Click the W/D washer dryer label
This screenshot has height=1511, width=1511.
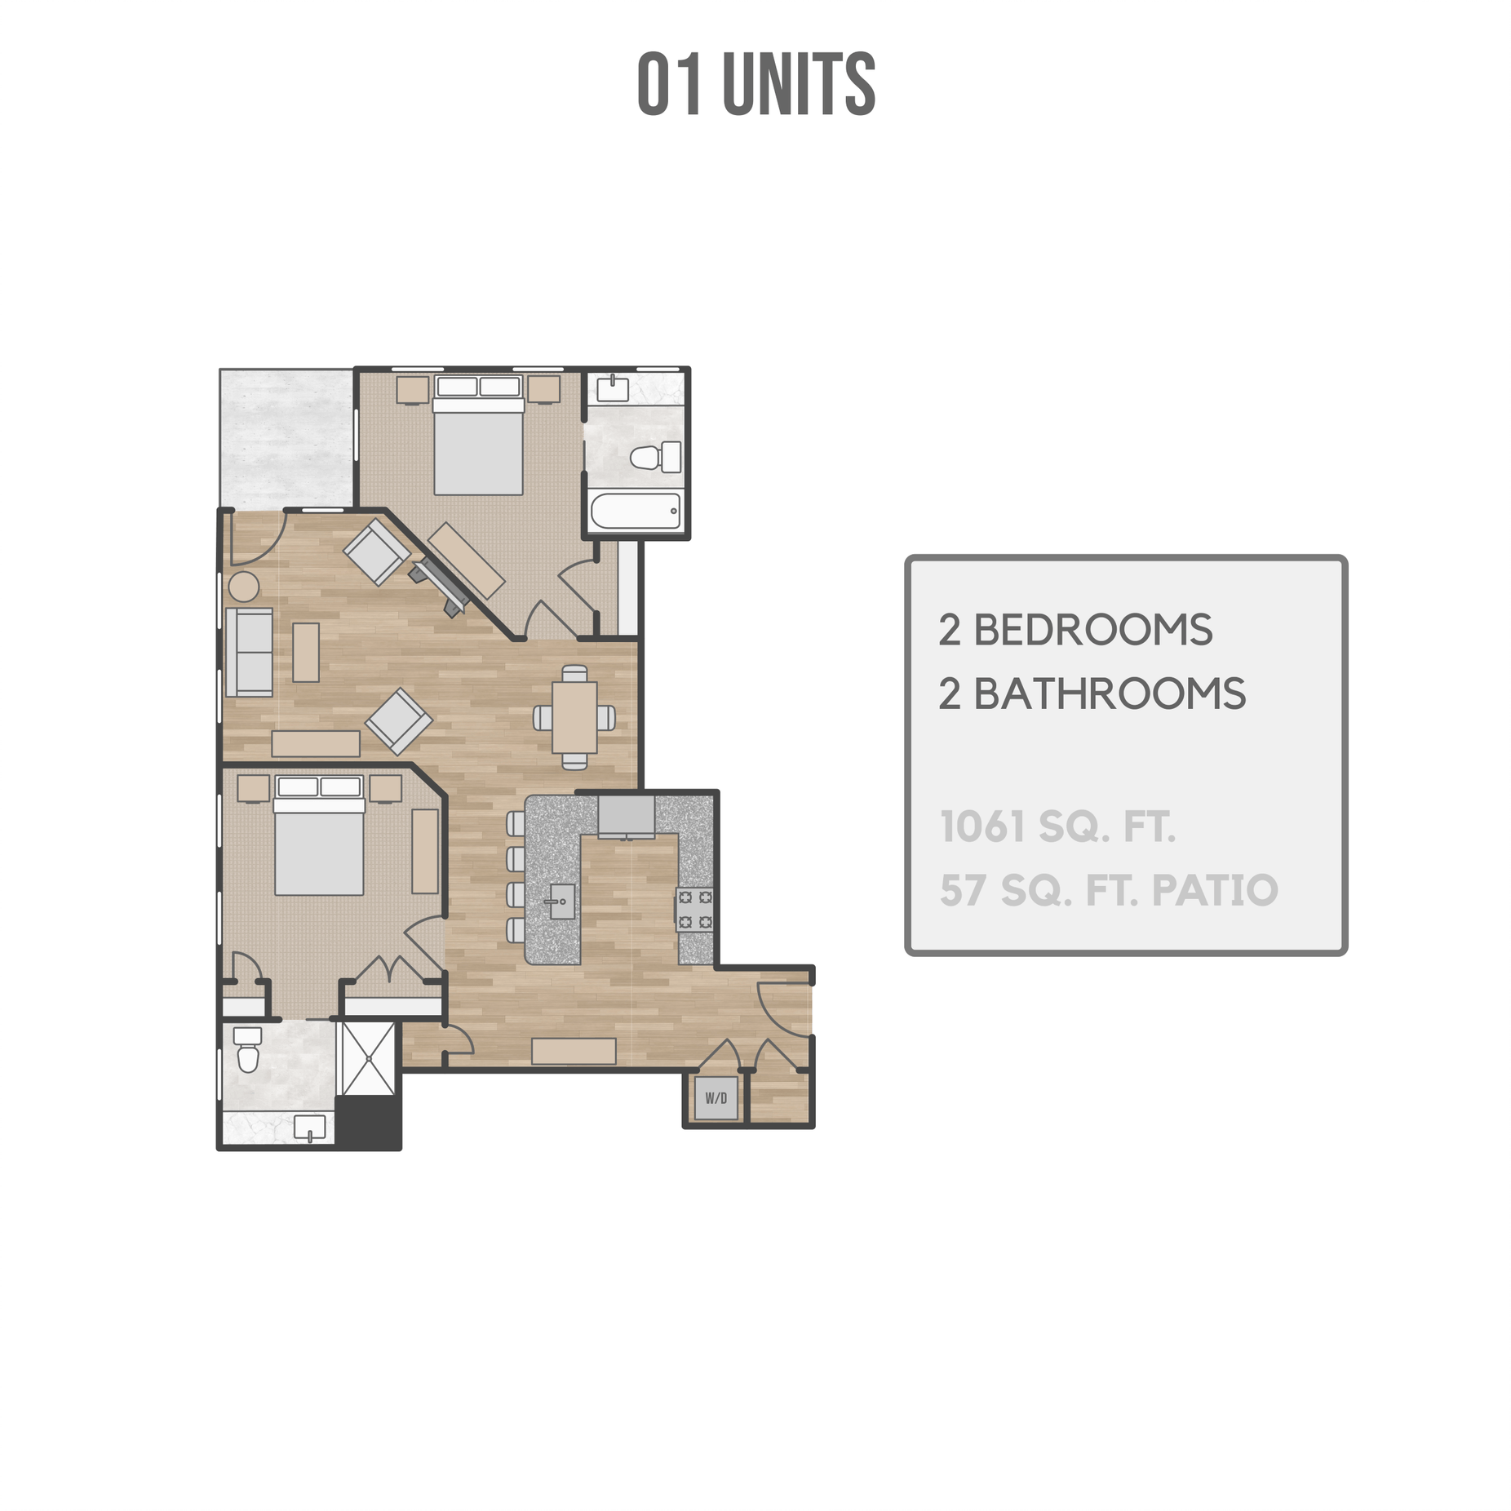pyautogui.click(x=716, y=1097)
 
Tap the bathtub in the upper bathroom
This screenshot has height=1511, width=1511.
pyautogui.click(x=635, y=511)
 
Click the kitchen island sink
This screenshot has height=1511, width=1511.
pyautogui.click(x=561, y=901)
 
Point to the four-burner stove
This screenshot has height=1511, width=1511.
pyautogui.click(x=694, y=909)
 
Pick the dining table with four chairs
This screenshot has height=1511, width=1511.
pyautogui.click(x=574, y=717)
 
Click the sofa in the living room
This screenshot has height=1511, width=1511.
pyautogui.click(x=250, y=652)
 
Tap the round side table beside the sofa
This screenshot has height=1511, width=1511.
pyautogui.click(x=243, y=586)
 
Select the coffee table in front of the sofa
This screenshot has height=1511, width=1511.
pyautogui.click(x=306, y=652)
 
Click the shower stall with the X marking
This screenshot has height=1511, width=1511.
pyautogui.click(x=368, y=1058)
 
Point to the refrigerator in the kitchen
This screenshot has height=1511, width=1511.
pyautogui.click(x=626, y=817)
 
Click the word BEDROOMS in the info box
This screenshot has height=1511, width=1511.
pyautogui.click(x=1092, y=630)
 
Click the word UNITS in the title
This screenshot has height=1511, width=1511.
pyautogui.click(x=798, y=84)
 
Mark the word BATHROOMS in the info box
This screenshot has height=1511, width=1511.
pyautogui.click(x=1110, y=694)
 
